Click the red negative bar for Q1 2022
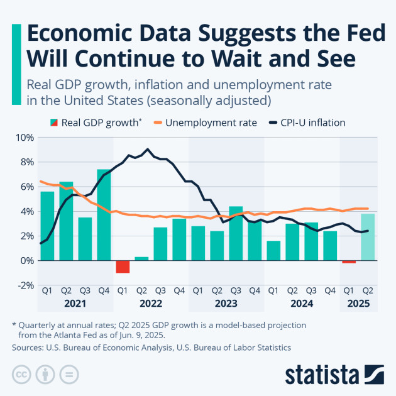tap(123, 267)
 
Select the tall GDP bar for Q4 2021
tap(104, 214)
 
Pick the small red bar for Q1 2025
tap(349, 262)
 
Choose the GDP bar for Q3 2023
tap(236, 233)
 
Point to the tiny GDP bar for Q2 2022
tap(141, 258)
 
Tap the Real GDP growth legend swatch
tap(52, 123)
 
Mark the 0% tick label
tap(26, 260)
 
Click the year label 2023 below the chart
tap(226, 303)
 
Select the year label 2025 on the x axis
tap(358, 303)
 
